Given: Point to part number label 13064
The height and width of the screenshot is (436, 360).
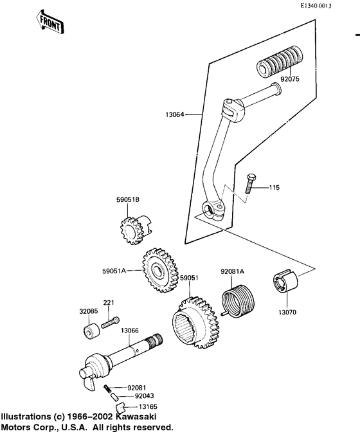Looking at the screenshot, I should (x=175, y=115).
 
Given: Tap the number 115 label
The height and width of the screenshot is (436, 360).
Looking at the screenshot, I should (x=274, y=188).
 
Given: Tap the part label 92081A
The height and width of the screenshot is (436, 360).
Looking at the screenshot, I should (x=233, y=272).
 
